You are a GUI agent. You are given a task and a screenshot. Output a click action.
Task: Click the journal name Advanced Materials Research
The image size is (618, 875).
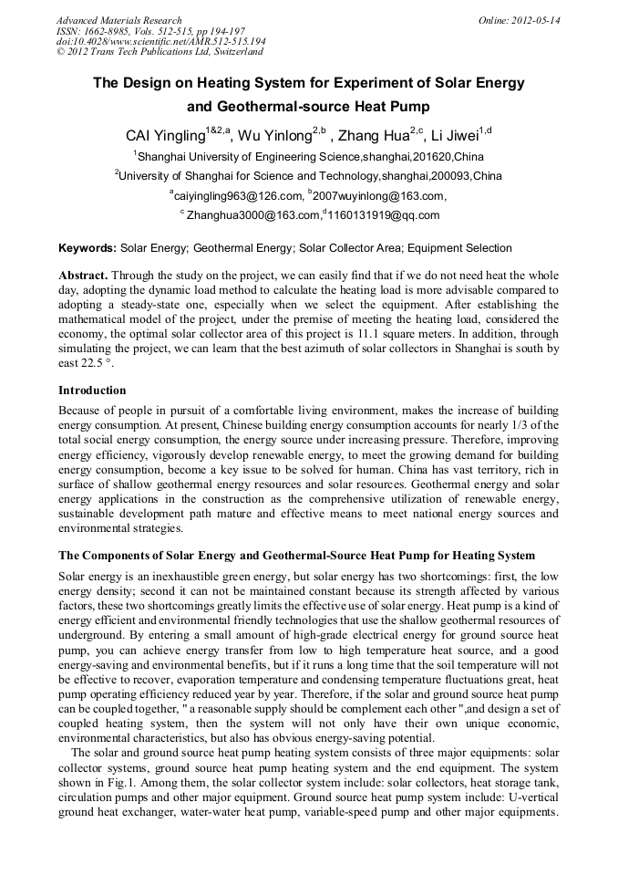(118, 20)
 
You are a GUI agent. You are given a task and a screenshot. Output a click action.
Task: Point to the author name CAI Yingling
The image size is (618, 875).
(166, 136)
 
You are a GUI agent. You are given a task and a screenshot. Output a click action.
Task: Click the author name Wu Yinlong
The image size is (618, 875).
(274, 136)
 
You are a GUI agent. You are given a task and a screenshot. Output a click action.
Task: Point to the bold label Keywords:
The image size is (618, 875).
(88, 248)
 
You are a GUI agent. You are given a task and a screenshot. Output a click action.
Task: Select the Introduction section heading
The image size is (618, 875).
(92, 391)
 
